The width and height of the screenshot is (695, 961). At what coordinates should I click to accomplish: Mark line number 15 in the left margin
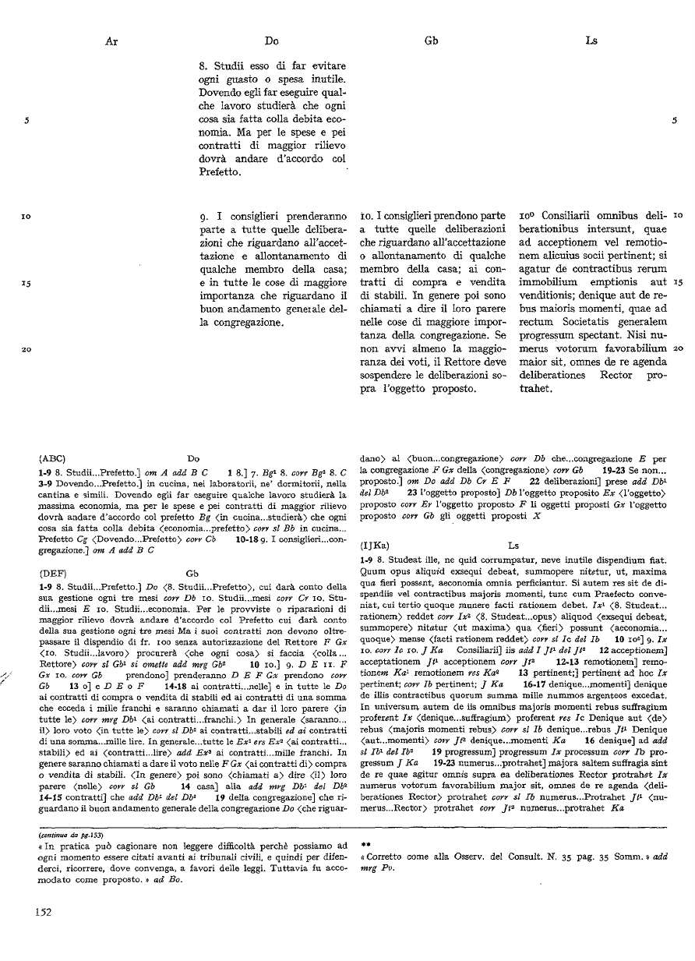[x=26, y=283]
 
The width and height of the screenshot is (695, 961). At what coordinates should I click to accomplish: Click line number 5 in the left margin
[x=26, y=120]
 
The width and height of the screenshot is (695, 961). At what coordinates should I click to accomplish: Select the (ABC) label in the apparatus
[x=51, y=459]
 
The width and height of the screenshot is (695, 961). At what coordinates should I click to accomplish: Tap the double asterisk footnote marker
[x=364, y=843]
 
